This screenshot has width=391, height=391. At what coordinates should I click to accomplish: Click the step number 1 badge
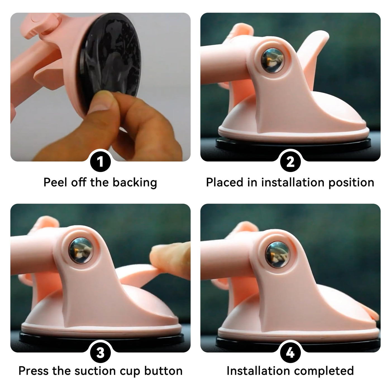[x=101, y=162]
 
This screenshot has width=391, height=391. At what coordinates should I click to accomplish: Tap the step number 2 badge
[x=290, y=162]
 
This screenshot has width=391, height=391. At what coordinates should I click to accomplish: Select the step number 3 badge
[x=101, y=353]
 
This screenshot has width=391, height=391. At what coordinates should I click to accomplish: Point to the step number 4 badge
[x=290, y=353]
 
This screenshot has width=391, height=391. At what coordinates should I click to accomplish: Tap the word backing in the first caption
[x=135, y=183]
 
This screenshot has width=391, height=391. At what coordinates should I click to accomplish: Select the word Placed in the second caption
[x=225, y=182]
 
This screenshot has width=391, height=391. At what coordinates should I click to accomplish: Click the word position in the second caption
[x=351, y=183]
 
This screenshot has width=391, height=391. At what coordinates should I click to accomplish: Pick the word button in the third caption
[x=163, y=371]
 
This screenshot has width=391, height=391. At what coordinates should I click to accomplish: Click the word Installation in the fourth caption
[x=258, y=371]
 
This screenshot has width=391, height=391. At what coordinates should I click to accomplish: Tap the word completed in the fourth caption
[x=324, y=371]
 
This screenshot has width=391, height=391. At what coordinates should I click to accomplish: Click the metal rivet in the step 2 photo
[x=272, y=61]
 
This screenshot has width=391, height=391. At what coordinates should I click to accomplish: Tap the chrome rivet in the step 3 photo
[x=81, y=251]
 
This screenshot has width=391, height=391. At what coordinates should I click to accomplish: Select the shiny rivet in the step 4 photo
[x=277, y=255]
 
